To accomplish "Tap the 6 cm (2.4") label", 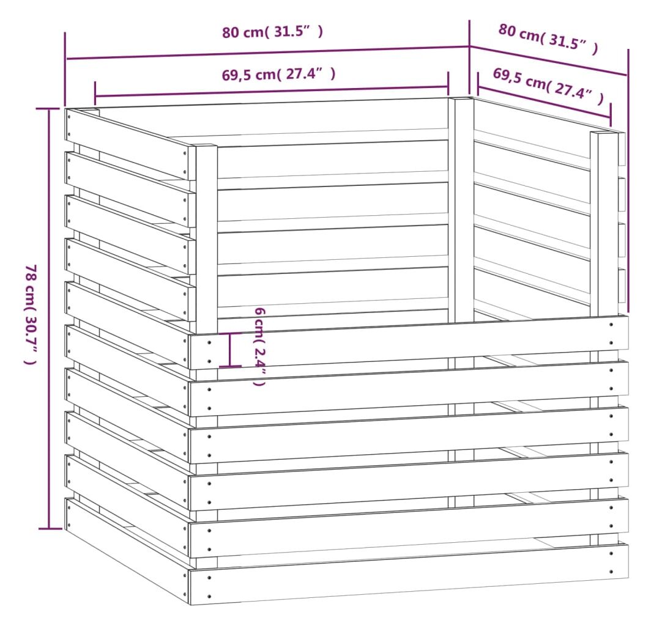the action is pyautogui.click(x=259, y=347).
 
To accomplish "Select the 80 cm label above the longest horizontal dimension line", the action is pyautogui.click(x=272, y=32).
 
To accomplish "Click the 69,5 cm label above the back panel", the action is pyautogui.click(x=278, y=74).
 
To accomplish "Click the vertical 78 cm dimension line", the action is pyautogui.click(x=49, y=319).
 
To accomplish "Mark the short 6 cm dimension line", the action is pyautogui.click(x=230, y=350).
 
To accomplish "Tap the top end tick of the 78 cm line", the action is pyautogui.click(x=48, y=108).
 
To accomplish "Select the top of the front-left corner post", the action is pyautogui.click(x=206, y=145).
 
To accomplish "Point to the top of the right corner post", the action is pyautogui.click(x=604, y=133).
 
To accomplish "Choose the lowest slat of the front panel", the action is pyautogui.click(x=408, y=573).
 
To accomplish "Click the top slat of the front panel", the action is pyautogui.click(x=408, y=342).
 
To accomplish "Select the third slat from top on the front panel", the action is pyautogui.click(x=408, y=435).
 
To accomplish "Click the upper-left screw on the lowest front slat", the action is pyautogui.click(x=209, y=578).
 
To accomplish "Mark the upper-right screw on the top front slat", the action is pyautogui.click(x=611, y=324).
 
